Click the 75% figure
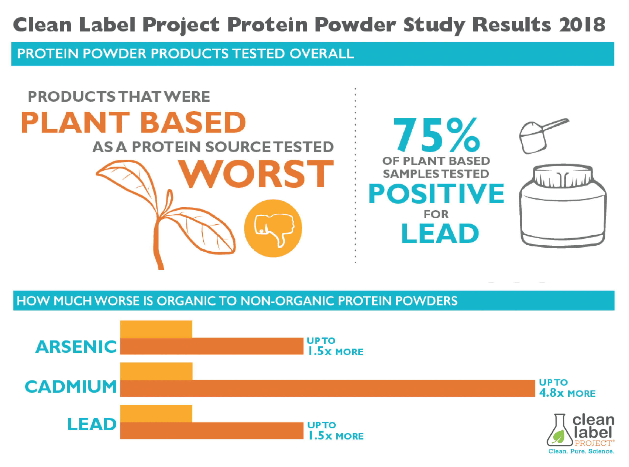[436, 135]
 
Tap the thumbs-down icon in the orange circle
[273, 228]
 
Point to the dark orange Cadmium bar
[328, 388]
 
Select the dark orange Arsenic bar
[212, 346]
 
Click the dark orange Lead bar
[212, 431]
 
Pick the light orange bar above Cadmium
[157, 371]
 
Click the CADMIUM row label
[71, 387]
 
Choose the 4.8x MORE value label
[567, 393]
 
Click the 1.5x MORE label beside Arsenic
[335, 351]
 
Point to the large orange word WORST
[256, 174]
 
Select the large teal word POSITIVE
[436, 194]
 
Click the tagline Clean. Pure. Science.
[581, 451]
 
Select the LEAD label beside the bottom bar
[92, 424]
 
